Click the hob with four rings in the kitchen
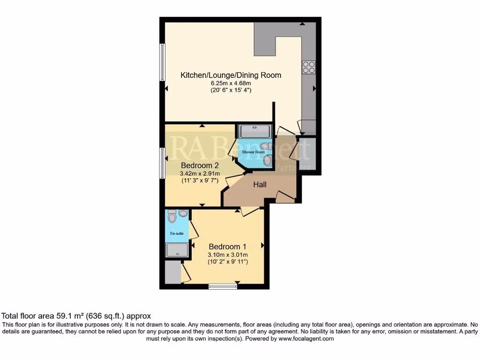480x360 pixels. click(308, 67)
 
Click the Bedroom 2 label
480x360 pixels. click(200, 165)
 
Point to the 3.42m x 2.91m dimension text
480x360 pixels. click(200, 174)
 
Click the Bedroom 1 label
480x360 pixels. click(228, 247)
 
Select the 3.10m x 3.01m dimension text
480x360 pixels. click(228, 255)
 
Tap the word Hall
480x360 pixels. click(260, 185)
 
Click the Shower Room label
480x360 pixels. click(253, 152)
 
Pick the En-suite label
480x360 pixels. click(176, 233)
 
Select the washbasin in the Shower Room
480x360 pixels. click(267, 161)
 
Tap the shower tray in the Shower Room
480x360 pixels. click(255, 131)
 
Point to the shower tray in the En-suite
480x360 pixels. click(177, 250)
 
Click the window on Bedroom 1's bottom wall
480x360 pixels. click(223, 286)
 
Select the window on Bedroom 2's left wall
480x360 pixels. click(162, 163)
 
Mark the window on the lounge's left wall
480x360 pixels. click(162, 62)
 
